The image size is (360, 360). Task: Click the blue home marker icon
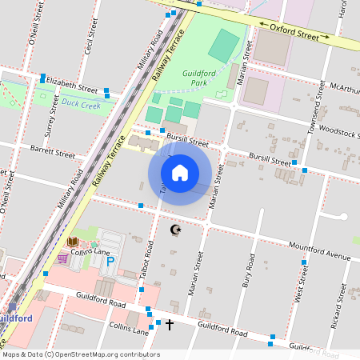pos(180,173)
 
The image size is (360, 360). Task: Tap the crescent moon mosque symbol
pos(176,230)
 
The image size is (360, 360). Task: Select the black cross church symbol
pos(169,324)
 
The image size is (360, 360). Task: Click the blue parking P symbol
pos(111,261)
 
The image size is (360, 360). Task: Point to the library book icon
pos(73,242)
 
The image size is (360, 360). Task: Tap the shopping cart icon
pos(62,258)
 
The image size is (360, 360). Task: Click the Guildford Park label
pos(194,77)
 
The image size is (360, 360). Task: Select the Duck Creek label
pos(80,103)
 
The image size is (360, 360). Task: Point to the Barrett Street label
pos(53,150)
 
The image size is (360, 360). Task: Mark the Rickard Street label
pos(337,313)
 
